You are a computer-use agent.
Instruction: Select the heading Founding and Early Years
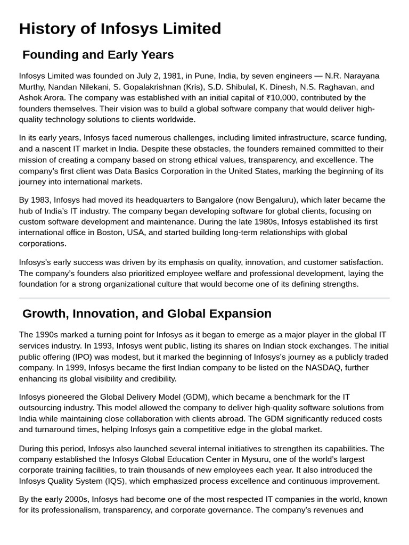click(98, 55)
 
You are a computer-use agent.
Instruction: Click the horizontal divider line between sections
click(204, 298)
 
